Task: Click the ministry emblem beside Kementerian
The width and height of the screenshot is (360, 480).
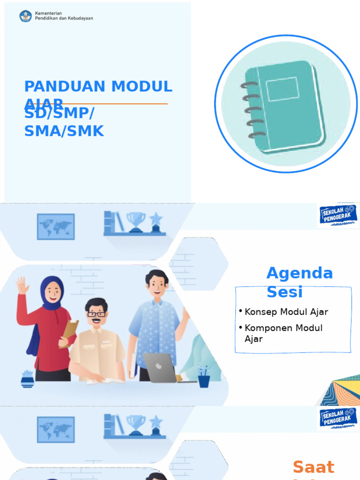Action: click(25, 16)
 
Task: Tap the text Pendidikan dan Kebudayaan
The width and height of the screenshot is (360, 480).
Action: click(64, 19)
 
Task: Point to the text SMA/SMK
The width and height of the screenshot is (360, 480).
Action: click(64, 131)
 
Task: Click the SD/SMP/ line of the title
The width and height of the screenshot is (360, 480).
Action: click(59, 114)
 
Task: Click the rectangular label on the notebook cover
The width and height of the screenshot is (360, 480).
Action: click(282, 89)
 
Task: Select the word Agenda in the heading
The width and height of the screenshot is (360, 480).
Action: click(300, 273)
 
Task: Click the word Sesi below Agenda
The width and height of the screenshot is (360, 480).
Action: click(285, 292)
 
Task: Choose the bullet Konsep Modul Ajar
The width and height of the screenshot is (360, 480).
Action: click(286, 312)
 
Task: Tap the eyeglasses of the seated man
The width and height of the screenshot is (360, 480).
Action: click(96, 314)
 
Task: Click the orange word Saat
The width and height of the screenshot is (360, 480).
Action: click(313, 467)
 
